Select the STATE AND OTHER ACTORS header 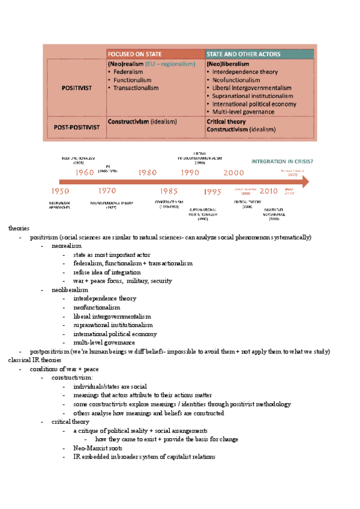click(x=244, y=54)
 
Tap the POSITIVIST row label click(x=77, y=88)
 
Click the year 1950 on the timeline click(x=60, y=191)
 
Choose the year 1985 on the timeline click(x=169, y=191)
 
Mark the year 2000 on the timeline click(x=233, y=172)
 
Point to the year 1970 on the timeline click(x=107, y=191)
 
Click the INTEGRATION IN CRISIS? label click(x=282, y=161)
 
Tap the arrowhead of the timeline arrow click(x=305, y=182)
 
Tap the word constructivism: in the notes click(x=72, y=378)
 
